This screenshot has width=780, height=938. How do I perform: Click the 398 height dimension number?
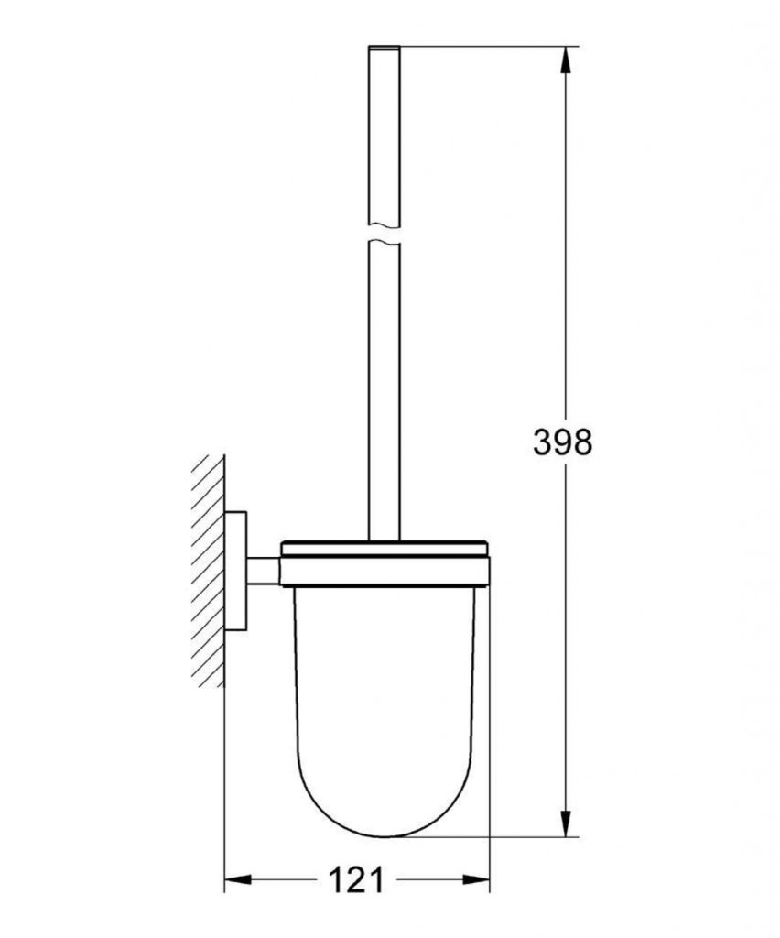562,443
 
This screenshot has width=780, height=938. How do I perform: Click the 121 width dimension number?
355,880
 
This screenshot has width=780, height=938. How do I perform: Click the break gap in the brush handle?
385,234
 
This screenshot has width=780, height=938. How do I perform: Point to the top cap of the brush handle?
385,48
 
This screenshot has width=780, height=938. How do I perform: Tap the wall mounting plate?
236,570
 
